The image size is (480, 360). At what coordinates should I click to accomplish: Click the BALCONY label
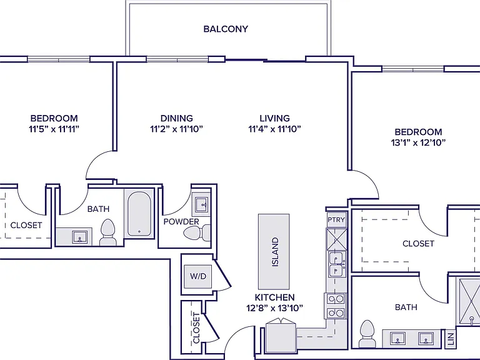[226, 29]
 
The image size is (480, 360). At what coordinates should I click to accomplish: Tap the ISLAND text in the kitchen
[275, 252]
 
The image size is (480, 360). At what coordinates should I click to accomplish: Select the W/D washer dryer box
[198, 276]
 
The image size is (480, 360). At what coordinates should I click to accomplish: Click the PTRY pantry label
[336, 219]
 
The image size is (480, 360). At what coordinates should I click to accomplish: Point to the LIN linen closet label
[451, 339]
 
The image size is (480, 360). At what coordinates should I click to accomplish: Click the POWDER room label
[181, 221]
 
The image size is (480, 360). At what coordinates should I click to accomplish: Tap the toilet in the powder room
[197, 232]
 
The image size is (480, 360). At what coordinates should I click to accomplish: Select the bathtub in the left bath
[139, 213]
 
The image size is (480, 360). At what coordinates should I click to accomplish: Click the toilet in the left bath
[107, 232]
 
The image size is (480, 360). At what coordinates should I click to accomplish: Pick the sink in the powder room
[201, 204]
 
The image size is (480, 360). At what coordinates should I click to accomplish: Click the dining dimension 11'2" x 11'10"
[177, 129]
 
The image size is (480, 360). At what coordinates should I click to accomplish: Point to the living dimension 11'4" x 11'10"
[274, 129]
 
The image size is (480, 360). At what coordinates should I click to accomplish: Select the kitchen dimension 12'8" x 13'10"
[274, 308]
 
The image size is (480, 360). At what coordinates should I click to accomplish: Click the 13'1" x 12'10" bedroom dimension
[418, 142]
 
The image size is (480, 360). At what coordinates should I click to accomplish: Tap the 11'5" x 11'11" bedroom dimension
[54, 129]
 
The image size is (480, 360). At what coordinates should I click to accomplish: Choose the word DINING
[177, 118]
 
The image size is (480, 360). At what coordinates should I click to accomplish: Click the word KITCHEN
[274, 297]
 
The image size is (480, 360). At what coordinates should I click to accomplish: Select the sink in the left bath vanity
[79, 237]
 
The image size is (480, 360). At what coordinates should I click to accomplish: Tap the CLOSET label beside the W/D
[196, 328]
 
